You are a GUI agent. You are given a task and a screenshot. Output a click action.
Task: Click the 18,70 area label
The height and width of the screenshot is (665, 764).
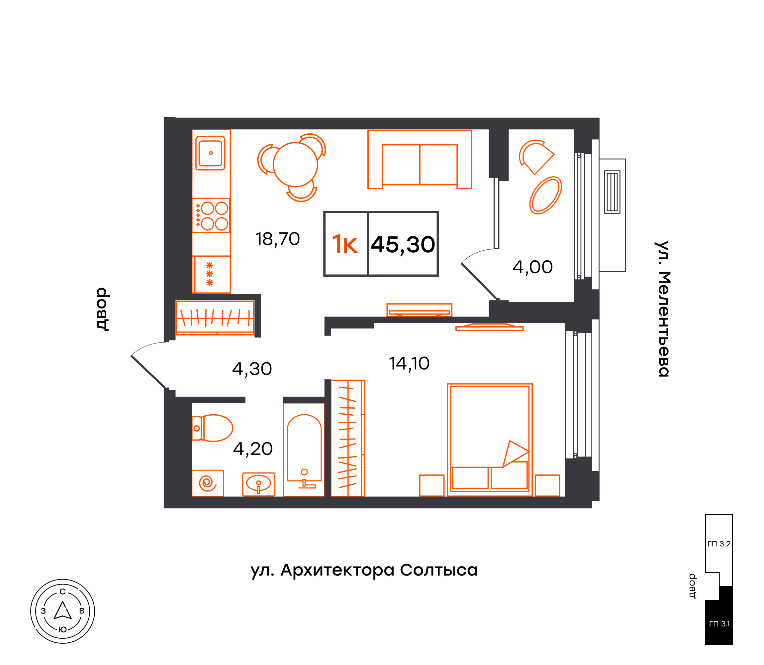(x=278, y=239)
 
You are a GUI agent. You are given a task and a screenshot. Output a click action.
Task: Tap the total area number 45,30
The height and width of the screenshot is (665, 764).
(x=403, y=245)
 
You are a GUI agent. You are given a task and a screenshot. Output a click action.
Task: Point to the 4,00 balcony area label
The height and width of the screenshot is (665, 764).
(x=533, y=268)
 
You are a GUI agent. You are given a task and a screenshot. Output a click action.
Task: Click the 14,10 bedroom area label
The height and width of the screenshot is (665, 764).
(x=409, y=364)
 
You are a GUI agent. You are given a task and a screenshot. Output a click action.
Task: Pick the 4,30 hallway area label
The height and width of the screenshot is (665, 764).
(x=252, y=369)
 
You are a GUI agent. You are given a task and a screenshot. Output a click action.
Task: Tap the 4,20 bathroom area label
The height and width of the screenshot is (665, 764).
(x=253, y=449)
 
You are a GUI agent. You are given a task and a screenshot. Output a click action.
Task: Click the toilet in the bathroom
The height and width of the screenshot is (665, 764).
(x=212, y=428)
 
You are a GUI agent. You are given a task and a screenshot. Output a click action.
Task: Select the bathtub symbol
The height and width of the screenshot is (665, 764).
(x=304, y=450)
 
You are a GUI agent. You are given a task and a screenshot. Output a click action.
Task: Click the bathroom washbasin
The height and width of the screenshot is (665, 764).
(x=258, y=484)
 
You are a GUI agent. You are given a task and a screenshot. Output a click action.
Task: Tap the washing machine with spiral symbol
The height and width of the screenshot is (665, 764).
(x=208, y=483)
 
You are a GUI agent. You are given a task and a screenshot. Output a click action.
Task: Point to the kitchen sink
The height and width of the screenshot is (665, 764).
(x=210, y=153)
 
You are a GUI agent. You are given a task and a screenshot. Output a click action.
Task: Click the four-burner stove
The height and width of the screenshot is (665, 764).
(x=211, y=215)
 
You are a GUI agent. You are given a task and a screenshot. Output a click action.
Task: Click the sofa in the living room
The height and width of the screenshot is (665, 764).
(x=420, y=159)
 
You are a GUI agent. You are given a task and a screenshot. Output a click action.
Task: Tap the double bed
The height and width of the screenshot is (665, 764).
(x=490, y=440)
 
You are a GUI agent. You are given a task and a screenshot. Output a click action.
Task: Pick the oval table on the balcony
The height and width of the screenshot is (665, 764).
(x=545, y=195)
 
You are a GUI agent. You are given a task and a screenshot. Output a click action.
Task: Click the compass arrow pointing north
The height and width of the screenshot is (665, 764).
(x=63, y=610)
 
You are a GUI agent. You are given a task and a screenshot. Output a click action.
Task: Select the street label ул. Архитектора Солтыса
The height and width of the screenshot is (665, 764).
(x=364, y=570)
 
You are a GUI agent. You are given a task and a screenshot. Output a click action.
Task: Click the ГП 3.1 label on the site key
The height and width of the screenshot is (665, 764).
(x=719, y=624)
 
